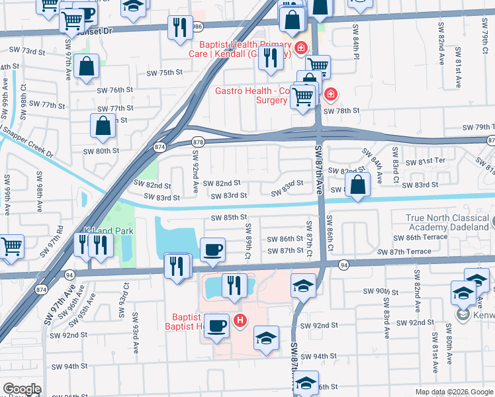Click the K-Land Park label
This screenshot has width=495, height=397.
click(109, 231)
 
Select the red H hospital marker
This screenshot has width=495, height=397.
click(241, 321)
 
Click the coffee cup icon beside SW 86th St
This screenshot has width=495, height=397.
click(212, 249)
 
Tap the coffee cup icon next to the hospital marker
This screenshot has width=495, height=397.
click(216, 325)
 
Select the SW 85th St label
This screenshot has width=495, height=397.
click(229, 217)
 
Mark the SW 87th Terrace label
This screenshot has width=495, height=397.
click(404, 252)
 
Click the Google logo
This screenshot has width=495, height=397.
click(22, 389)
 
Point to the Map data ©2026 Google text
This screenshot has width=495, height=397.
click(453, 392)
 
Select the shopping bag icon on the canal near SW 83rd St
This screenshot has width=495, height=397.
click(357, 185)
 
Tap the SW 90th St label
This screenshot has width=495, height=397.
click(379, 291)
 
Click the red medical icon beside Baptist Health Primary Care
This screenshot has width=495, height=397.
click(301, 48)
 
